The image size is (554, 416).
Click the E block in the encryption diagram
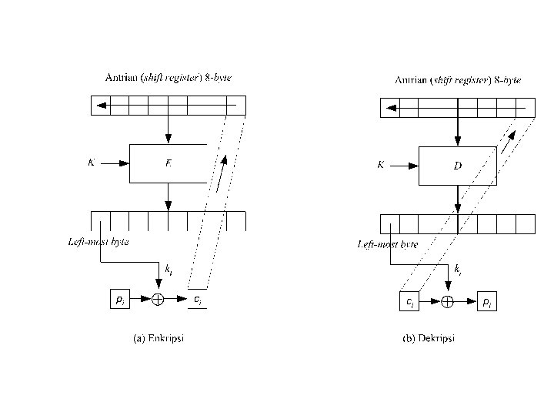point(168,163)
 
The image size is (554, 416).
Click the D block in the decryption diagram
point(457,166)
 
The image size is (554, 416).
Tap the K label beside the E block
point(92,163)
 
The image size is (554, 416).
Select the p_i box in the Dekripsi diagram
point(486,302)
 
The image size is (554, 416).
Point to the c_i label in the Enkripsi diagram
point(198,299)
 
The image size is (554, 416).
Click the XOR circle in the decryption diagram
point(448,302)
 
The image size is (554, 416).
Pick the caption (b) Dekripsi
point(429,339)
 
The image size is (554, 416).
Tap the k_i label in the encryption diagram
point(169,270)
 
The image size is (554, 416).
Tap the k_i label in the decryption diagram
point(458,270)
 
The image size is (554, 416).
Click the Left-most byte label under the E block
point(98,242)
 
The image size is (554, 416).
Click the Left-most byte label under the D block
point(388,244)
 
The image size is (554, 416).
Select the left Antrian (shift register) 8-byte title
point(168,78)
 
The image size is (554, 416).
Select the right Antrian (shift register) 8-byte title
point(457,80)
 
